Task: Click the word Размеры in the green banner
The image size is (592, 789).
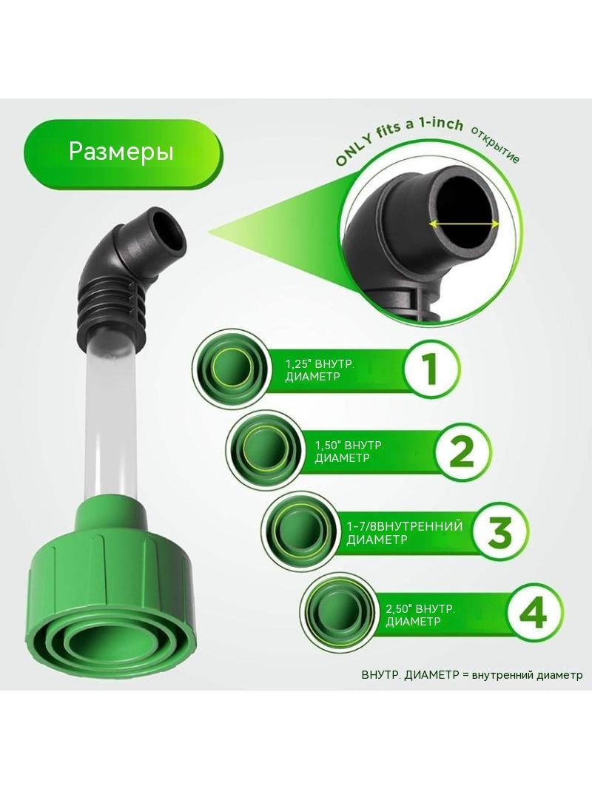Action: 121,151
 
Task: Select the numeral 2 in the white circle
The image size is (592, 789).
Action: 461,450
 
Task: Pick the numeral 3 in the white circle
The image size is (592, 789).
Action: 499,531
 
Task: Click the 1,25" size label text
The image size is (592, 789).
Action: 320,370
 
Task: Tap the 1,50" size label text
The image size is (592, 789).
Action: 349,451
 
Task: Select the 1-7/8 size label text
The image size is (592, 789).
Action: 404,533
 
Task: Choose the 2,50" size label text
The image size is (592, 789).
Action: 420,615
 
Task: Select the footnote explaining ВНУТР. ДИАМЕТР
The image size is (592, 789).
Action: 472,675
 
